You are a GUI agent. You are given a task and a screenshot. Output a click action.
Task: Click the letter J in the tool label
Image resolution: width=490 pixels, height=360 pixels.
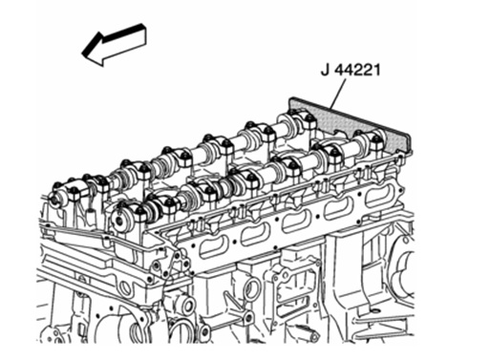pyautogui.click(x=325, y=70)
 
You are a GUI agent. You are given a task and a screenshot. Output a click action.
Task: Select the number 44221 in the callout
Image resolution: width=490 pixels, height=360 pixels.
pyautogui.click(x=357, y=70)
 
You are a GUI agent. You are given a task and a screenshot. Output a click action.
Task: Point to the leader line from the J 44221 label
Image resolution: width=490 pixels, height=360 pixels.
pyautogui.click(x=338, y=94)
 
